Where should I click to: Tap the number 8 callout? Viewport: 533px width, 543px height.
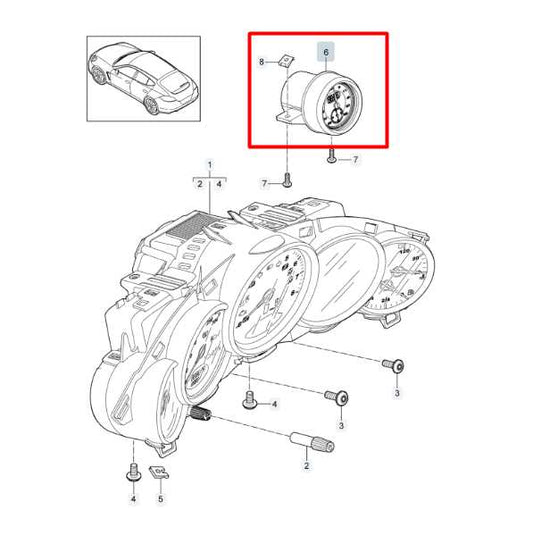262,62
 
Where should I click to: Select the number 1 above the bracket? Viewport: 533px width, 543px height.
210,164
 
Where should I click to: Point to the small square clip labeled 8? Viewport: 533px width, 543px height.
284,62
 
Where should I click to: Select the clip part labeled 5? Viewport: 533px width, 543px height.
158,470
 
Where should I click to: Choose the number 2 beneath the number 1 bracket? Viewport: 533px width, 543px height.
199,184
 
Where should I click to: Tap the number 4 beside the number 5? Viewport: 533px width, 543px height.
131,496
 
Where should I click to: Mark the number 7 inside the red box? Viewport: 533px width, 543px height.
353,159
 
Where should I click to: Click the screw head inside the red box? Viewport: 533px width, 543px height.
331,155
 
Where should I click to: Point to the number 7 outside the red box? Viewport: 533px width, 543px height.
266,184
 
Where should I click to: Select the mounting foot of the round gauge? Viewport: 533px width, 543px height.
285,121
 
